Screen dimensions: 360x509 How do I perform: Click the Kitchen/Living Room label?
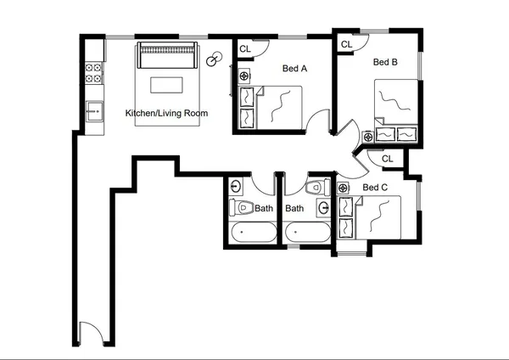[x=166, y=113]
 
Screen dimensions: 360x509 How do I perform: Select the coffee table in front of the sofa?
[x=167, y=85]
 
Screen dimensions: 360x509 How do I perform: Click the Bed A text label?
[x=294, y=70]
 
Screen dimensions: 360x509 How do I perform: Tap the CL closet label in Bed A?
[x=245, y=49]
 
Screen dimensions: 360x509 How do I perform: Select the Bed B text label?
[x=385, y=62]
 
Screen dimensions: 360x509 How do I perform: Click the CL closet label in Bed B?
[x=346, y=44]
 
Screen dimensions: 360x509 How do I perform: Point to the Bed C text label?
[x=375, y=188]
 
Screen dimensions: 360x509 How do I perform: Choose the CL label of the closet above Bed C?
[x=388, y=159]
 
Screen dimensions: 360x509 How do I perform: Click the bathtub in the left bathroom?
[x=252, y=231]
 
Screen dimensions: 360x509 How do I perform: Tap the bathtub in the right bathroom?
[x=307, y=231]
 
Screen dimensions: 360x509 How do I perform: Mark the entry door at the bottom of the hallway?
[x=89, y=334]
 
